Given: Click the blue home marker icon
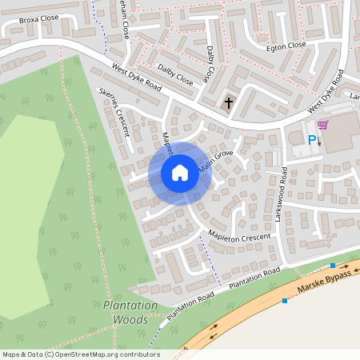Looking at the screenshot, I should [179, 173].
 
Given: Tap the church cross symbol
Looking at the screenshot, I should [229, 102].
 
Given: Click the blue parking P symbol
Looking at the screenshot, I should [312, 140].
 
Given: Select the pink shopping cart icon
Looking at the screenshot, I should [322, 125].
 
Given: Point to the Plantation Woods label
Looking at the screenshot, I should [126, 312].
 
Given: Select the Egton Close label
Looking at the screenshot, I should [286, 46].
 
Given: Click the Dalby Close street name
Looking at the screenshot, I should [175, 74].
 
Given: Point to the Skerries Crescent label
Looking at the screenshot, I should [114, 109].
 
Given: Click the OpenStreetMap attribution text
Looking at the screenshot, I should [80, 354].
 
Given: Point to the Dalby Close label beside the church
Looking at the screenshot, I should [210, 64].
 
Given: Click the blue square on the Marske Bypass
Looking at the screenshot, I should [284, 301].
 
